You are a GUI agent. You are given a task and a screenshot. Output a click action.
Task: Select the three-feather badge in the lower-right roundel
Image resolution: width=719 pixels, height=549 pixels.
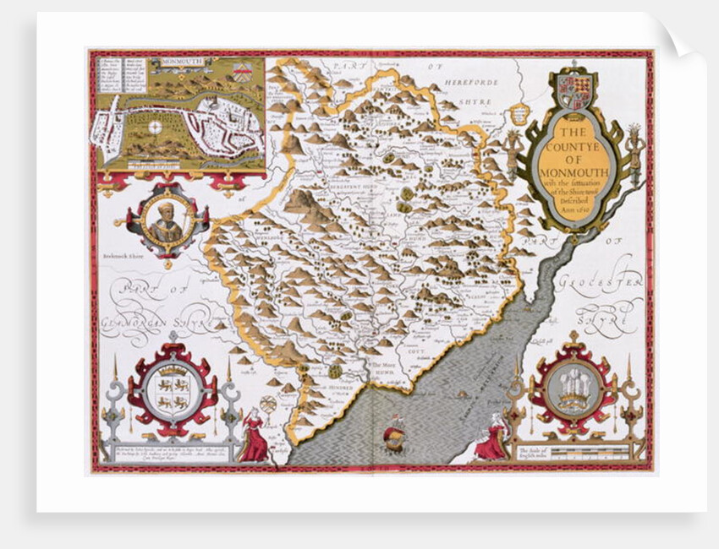coord(572,390)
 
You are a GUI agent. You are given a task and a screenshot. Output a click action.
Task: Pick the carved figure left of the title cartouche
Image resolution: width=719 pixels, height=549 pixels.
coord(514,152)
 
